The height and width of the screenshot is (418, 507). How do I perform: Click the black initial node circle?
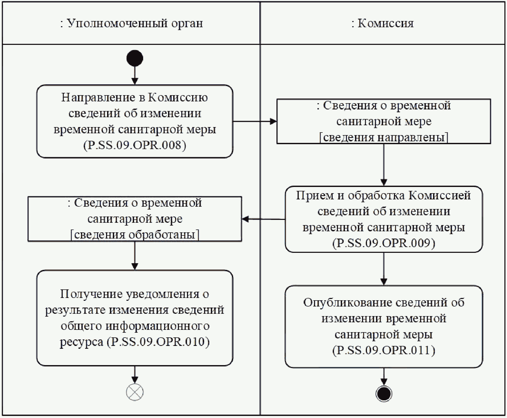[135, 58]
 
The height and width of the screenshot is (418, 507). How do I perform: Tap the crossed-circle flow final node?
[135, 392]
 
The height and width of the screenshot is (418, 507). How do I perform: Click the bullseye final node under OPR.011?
[384, 394]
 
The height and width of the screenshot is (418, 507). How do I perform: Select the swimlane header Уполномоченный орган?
[131, 23]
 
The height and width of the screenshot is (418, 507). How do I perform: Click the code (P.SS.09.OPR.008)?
[135, 145]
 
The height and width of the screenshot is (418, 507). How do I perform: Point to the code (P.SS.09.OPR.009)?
[384, 243]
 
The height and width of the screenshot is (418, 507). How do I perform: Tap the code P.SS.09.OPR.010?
[160, 342]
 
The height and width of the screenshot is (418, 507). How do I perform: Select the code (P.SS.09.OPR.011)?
[384, 350]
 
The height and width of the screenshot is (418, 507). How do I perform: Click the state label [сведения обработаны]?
[135, 235]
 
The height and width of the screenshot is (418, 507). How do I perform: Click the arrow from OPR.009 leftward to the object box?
[263, 219]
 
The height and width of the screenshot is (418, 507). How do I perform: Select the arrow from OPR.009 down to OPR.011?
[384, 269]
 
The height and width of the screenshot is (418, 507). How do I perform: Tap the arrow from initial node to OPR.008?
[135, 75]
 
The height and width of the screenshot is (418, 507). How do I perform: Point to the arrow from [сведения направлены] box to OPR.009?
[384, 165]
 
